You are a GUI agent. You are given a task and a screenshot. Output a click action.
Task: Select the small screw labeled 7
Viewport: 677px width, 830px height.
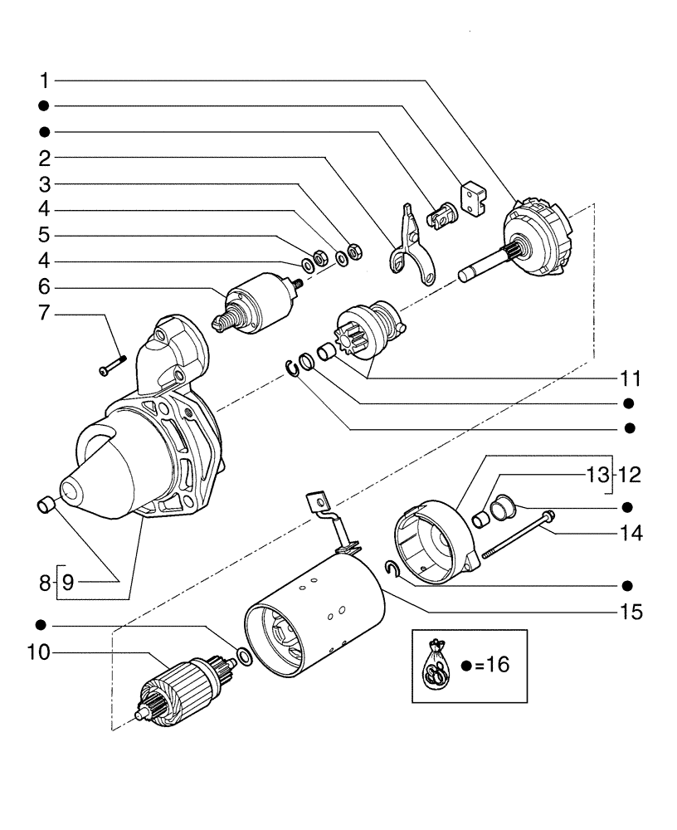(110, 364)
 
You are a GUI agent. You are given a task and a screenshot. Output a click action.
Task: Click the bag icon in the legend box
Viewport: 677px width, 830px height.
(436, 665)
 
